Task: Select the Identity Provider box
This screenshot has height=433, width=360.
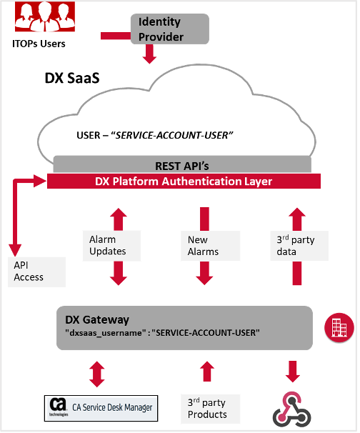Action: pos(170,29)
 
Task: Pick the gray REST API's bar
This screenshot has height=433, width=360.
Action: pos(183,165)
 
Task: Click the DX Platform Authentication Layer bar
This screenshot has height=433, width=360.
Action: pos(184,181)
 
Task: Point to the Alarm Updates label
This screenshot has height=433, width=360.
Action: pos(108,246)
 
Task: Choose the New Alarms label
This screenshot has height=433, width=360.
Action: pos(204,246)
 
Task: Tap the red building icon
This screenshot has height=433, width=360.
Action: pos(339,327)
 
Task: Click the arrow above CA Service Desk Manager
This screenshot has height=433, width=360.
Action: pos(97,373)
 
